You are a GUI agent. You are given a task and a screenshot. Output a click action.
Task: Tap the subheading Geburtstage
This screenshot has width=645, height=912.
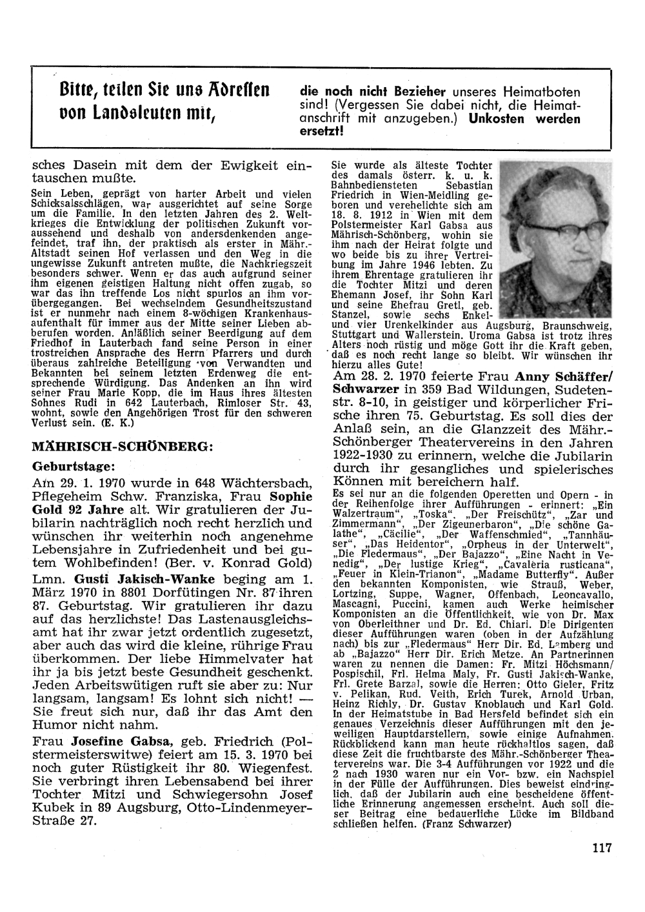[x=74, y=466]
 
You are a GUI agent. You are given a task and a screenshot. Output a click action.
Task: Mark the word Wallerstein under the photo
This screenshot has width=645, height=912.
[x=437, y=335]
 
